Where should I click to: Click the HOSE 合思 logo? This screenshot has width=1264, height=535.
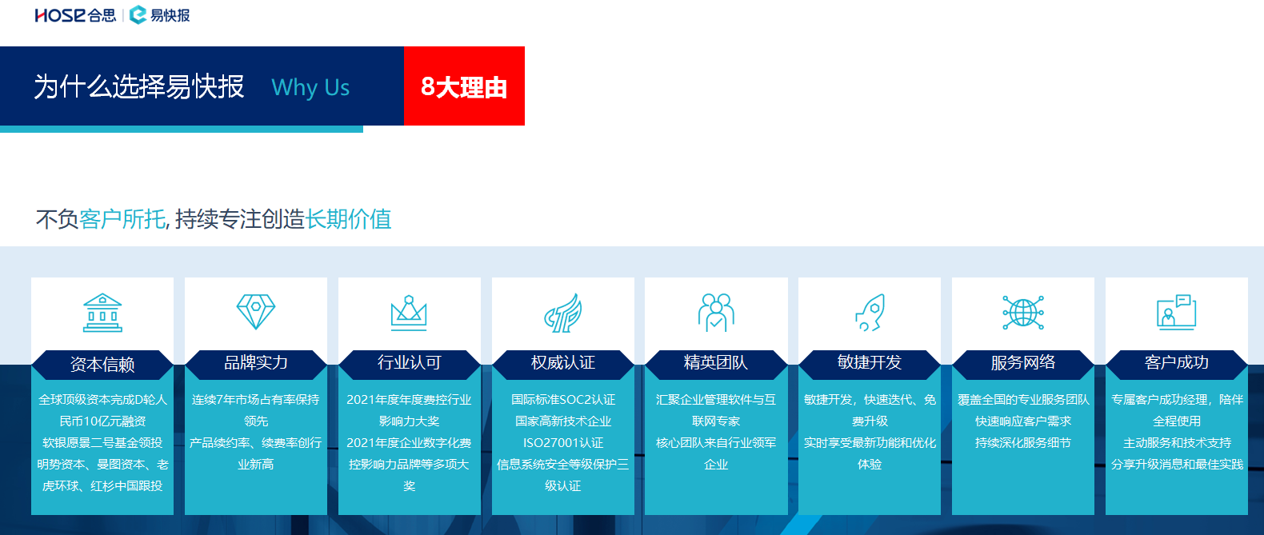(75, 15)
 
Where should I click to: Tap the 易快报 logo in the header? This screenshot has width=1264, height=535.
(160, 15)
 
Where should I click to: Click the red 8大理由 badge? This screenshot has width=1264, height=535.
(464, 86)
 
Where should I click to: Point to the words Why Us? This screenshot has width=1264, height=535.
(310, 87)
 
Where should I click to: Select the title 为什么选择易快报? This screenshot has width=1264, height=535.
(139, 87)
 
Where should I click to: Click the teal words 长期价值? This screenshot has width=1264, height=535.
(348, 219)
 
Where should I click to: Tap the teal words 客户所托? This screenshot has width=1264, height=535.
(122, 219)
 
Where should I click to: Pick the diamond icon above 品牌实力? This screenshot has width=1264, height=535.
(256, 312)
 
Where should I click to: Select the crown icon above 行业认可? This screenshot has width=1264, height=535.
(409, 313)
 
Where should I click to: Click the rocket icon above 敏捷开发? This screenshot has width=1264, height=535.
(870, 312)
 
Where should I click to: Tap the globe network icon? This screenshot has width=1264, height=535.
(1023, 312)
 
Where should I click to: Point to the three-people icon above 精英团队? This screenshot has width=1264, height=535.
(716, 312)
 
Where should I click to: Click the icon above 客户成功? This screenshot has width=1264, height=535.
(1177, 312)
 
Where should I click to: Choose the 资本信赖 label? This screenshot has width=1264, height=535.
(102, 365)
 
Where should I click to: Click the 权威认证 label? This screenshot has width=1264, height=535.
(562, 362)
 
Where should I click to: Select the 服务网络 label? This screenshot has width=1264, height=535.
(1023, 362)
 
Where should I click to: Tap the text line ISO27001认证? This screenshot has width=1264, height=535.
(562, 443)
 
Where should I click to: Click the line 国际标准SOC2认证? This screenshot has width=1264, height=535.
(562, 400)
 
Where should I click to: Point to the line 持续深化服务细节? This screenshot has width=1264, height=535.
(1023, 443)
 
